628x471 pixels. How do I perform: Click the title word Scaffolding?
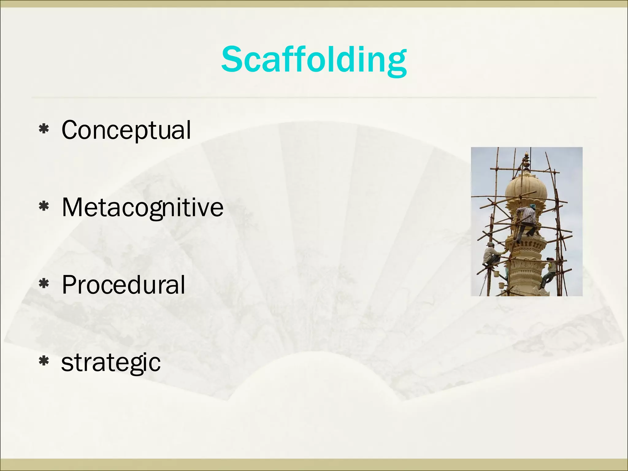[314, 60]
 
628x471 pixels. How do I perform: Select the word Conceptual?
[126, 130]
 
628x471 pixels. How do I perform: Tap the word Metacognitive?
[143, 208]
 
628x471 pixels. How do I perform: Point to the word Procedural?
[123, 285]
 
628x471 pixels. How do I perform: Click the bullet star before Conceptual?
[44, 129]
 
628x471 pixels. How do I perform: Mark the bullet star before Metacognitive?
[44, 207]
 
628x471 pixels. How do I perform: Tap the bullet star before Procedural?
[44, 284]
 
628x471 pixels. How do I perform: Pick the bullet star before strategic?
[44, 362]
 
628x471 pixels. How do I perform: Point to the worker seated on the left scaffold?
[491, 255]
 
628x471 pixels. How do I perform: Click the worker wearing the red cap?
[549, 271]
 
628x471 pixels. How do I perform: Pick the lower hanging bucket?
[501, 285]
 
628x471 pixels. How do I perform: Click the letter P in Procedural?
[69, 285]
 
